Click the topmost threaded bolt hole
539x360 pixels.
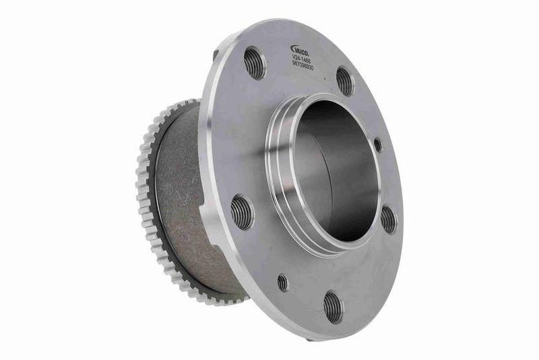(255, 62)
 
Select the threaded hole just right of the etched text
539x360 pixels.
(345, 81)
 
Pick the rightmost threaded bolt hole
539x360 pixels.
(389, 219)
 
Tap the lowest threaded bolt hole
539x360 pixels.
(333, 307)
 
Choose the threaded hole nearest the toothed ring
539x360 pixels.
(243, 212)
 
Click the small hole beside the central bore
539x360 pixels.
(377, 144)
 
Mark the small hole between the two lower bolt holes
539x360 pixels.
(282, 282)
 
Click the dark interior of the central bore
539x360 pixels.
(337, 169)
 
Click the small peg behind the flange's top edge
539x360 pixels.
(215, 53)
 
